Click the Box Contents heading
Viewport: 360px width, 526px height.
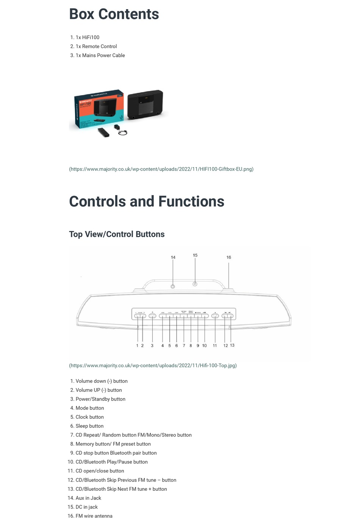[x=114, y=14]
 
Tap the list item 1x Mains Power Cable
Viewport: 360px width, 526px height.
[x=100, y=55]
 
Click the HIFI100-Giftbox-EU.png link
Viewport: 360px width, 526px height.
[x=161, y=169]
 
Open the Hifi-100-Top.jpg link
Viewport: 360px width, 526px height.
[x=153, y=366]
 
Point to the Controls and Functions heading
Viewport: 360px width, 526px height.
[x=146, y=202]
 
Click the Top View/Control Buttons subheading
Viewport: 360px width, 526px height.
[x=117, y=234]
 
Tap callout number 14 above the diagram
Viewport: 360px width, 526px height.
[x=173, y=257]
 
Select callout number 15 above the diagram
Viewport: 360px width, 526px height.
[x=195, y=255]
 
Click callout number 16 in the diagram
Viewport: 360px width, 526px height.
[x=229, y=257]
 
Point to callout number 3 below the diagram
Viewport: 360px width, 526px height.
[x=152, y=346]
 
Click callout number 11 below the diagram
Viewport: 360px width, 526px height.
[x=215, y=346]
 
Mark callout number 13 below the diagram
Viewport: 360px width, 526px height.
[x=232, y=345]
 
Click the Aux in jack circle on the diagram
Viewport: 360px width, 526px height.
[x=173, y=286]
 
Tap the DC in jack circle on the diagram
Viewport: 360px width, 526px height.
[x=195, y=284]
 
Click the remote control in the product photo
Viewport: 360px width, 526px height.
[x=103, y=132]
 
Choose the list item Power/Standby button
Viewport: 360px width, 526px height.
[x=100, y=399]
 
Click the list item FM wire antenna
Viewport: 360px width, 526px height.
[x=94, y=516]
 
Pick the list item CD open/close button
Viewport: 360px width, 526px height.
[x=100, y=471]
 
